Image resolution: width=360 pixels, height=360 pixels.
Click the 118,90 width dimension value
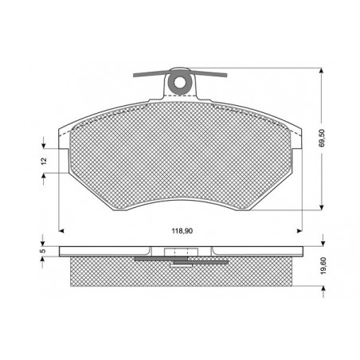[x=182, y=233]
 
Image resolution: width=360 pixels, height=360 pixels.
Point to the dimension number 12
[x=44, y=161]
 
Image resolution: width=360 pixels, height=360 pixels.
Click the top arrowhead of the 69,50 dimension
[x=321, y=71]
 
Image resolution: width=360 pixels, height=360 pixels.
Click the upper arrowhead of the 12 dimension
[x=43, y=146]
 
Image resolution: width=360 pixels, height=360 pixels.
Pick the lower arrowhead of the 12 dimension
[x=43, y=175]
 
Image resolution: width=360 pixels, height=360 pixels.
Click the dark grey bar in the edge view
[x=180, y=259]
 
